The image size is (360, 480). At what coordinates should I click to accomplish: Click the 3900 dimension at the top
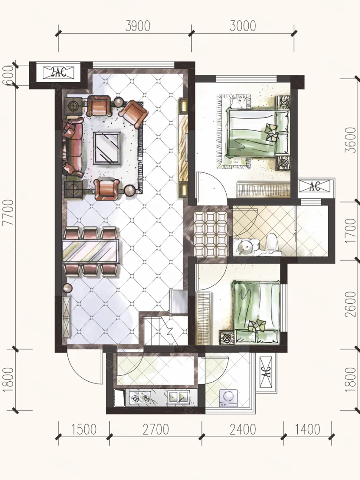138,26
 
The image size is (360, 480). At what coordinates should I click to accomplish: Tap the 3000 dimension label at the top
242,26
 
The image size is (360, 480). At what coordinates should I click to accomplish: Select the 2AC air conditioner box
58,72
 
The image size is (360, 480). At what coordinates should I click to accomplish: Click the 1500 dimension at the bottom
84,430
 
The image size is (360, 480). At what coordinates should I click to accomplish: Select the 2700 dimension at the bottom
156,430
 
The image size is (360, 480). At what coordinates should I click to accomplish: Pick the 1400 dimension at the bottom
307,430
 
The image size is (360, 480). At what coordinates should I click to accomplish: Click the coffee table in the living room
107,147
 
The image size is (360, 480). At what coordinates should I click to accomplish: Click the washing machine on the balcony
228,397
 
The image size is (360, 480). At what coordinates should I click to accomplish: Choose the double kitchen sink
178,397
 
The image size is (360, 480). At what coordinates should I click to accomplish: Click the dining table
90,252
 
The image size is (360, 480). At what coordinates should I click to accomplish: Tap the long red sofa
73,147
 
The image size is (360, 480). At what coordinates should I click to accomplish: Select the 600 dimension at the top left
8,75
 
